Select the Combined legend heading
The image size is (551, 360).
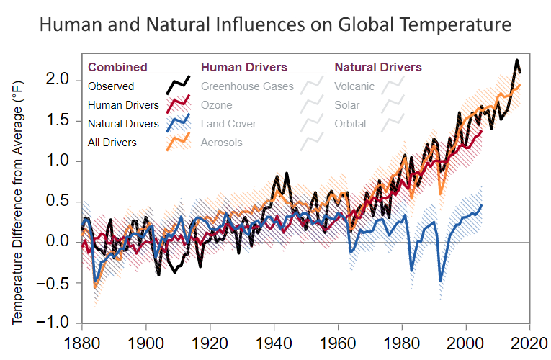point(117,68)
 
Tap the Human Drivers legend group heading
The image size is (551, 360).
point(244,68)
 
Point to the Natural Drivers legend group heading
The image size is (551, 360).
point(378,68)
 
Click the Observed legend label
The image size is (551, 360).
point(111,86)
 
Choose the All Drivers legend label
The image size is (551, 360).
point(112,143)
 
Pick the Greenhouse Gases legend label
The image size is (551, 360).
point(247,86)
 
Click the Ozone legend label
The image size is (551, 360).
point(217,105)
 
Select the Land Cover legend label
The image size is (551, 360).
point(228,124)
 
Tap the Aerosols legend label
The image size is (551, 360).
point(222,143)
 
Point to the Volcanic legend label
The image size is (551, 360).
point(354,86)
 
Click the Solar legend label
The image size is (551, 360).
point(347,105)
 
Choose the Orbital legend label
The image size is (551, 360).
point(350,124)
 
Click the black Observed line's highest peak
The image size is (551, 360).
point(516,60)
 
